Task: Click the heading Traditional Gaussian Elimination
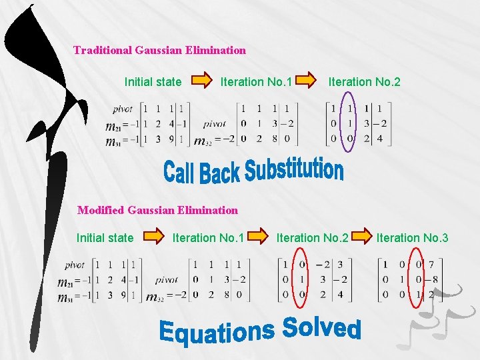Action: tap(159, 50)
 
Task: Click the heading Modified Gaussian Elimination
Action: tap(157, 210)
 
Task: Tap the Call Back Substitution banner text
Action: tap(253, 171)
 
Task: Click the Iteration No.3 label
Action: tap(412, 237)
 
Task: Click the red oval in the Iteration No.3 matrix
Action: tap(417, 279)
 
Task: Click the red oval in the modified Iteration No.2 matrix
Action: tap(301, 279)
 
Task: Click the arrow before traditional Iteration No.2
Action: tap(307, 81)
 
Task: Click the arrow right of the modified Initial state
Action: tap(153, 237)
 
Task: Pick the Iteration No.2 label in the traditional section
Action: tap(364, 82)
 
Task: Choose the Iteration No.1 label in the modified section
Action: tap(208, 237)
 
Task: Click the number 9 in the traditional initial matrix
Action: tap(170, 139)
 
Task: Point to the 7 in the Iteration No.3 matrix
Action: tap(431, 266)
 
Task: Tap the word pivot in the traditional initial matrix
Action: tap(122, 109)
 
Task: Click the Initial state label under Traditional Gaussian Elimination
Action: tap(153, 82)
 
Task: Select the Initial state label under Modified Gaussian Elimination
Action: tap(105, 237)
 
